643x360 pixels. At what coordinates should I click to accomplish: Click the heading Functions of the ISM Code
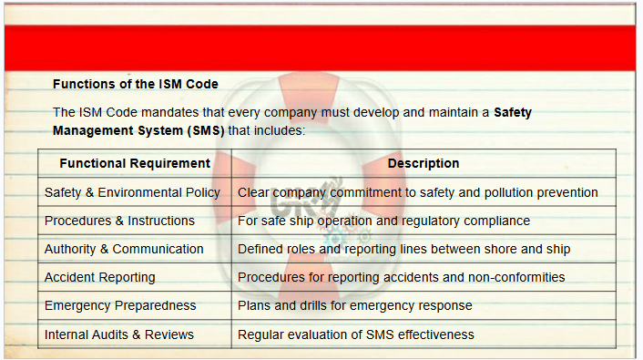(x=136, y=84)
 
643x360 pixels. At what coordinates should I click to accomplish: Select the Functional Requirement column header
(x=135, y=163)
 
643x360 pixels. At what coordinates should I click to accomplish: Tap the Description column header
(x=424, y=163)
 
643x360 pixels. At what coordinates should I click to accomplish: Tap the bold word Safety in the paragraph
(x=513, y=112)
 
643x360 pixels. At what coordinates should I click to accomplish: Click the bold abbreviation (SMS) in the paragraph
(x=206, y=130)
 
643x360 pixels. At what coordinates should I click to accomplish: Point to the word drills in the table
(x=313, y=306)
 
